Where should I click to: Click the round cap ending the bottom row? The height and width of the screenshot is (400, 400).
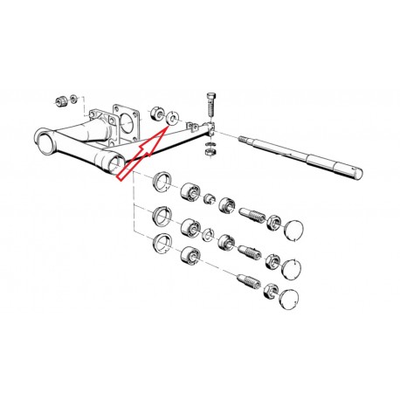(287, 299)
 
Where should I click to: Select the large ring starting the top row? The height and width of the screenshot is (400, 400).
(162, 183)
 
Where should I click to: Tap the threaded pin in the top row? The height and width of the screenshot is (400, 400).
(253, 214)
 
